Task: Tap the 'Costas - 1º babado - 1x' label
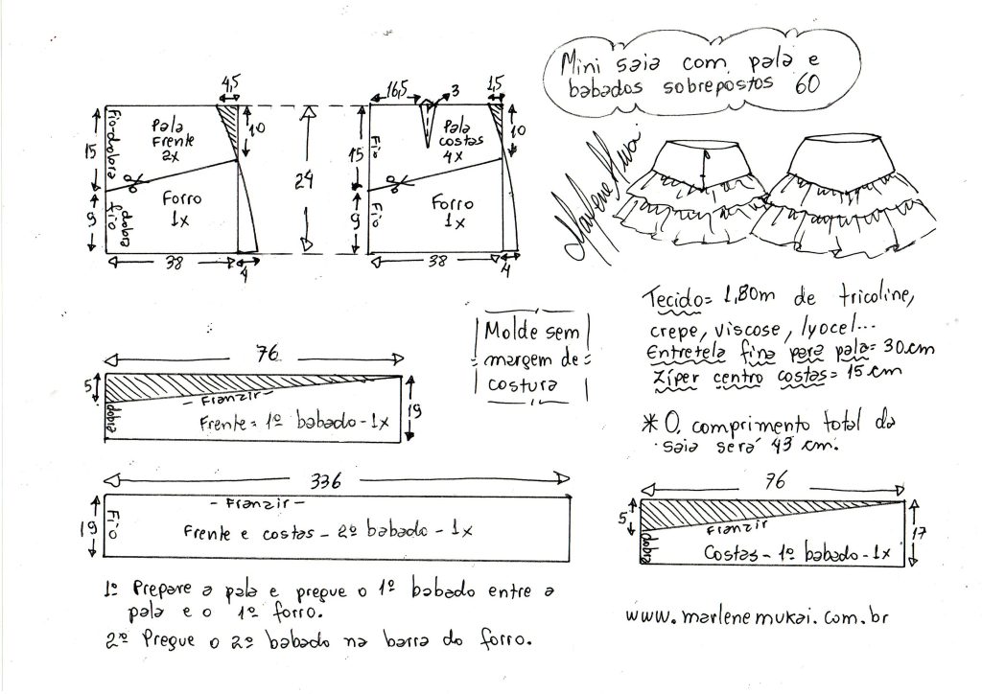pyautogui.click(x=799, y=553)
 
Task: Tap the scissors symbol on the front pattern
pyautogui.click(x=134, y=179)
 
